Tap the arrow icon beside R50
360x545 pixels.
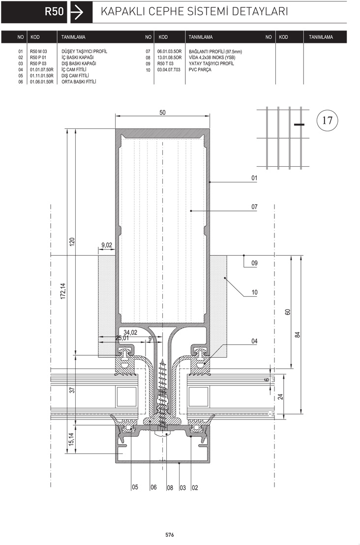(77, 12)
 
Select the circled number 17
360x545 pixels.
(327, 120)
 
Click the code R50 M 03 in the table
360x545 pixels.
(38, 52)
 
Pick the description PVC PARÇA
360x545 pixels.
(200, 69)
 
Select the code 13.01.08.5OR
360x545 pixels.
(169, 58)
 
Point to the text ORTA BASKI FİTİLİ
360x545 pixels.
(79, 82)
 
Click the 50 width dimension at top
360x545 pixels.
(162, 113)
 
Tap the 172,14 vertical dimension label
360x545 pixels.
(63, 291)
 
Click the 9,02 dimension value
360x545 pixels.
(107, 245)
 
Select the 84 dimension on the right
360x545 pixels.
(298, 334)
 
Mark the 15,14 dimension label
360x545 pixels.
(71, 439)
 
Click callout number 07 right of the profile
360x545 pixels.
(254, 207)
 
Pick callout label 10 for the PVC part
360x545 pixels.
(254, 292)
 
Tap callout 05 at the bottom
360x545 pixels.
(135, 487)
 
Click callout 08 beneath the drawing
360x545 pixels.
(170, 487)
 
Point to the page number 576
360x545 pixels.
(169, 535)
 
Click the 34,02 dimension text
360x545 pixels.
(130, 333)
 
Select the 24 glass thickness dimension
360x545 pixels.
(280, 396)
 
